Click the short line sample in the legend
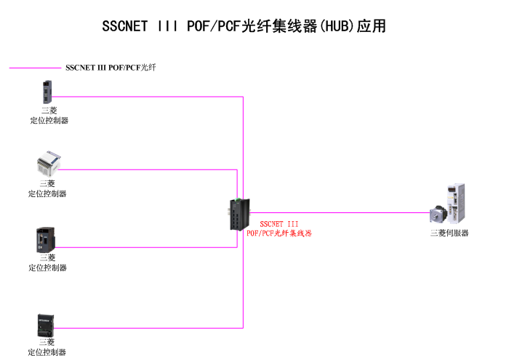[34, 68]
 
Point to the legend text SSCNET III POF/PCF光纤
[111, 68]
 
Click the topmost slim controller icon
[48, 92]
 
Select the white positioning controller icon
[47, 165]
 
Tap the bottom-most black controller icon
[47, 325]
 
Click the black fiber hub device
[236, 213]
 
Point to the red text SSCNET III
[278, 224]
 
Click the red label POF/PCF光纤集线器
[278, 233]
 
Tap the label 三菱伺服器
[449, 233]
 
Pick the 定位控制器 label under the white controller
[47, 194]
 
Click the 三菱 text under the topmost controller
[49, 111]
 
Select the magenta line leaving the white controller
[145, 169]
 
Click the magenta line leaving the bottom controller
[145, 327]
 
